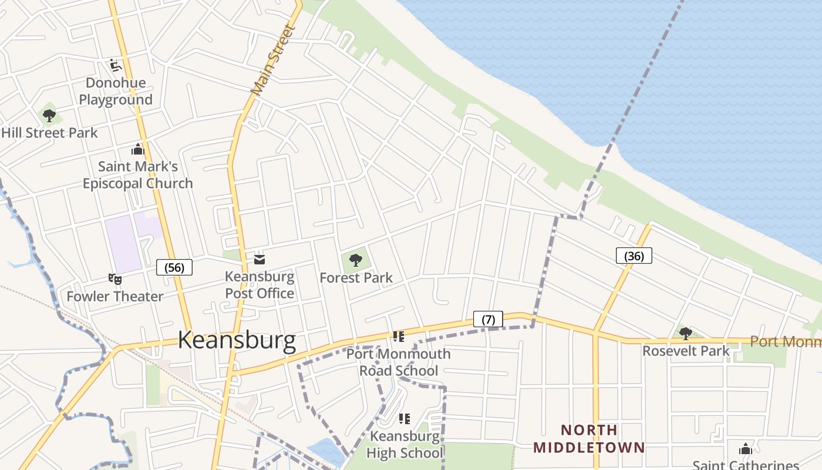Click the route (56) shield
click(x=174, y=267)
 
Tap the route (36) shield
click(x=634, y=256)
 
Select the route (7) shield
click(x=488, y=319)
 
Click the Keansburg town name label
click(x=237, y=340)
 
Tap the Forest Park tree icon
click(x=356, y=260)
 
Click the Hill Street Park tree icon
click(x=49, y=115)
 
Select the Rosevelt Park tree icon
click(x=685, y=334)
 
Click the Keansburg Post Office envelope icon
click(x=259, y=259)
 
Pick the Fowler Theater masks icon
click(x=114, y=279)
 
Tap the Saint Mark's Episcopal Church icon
click(x=138, y=149)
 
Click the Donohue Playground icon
click(x=115, y=65)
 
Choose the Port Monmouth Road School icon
click(x=399, y=337)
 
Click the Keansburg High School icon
click(x=404, y=418)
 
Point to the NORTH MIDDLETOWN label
click(x=589, y=438)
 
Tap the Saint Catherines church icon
click(x=746, y=449)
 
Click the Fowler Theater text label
click(x=115, y=296)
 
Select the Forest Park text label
click(x=356, y=277)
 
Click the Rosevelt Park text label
click(x=686, y=351)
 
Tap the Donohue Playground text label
click(x=116, y=91)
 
